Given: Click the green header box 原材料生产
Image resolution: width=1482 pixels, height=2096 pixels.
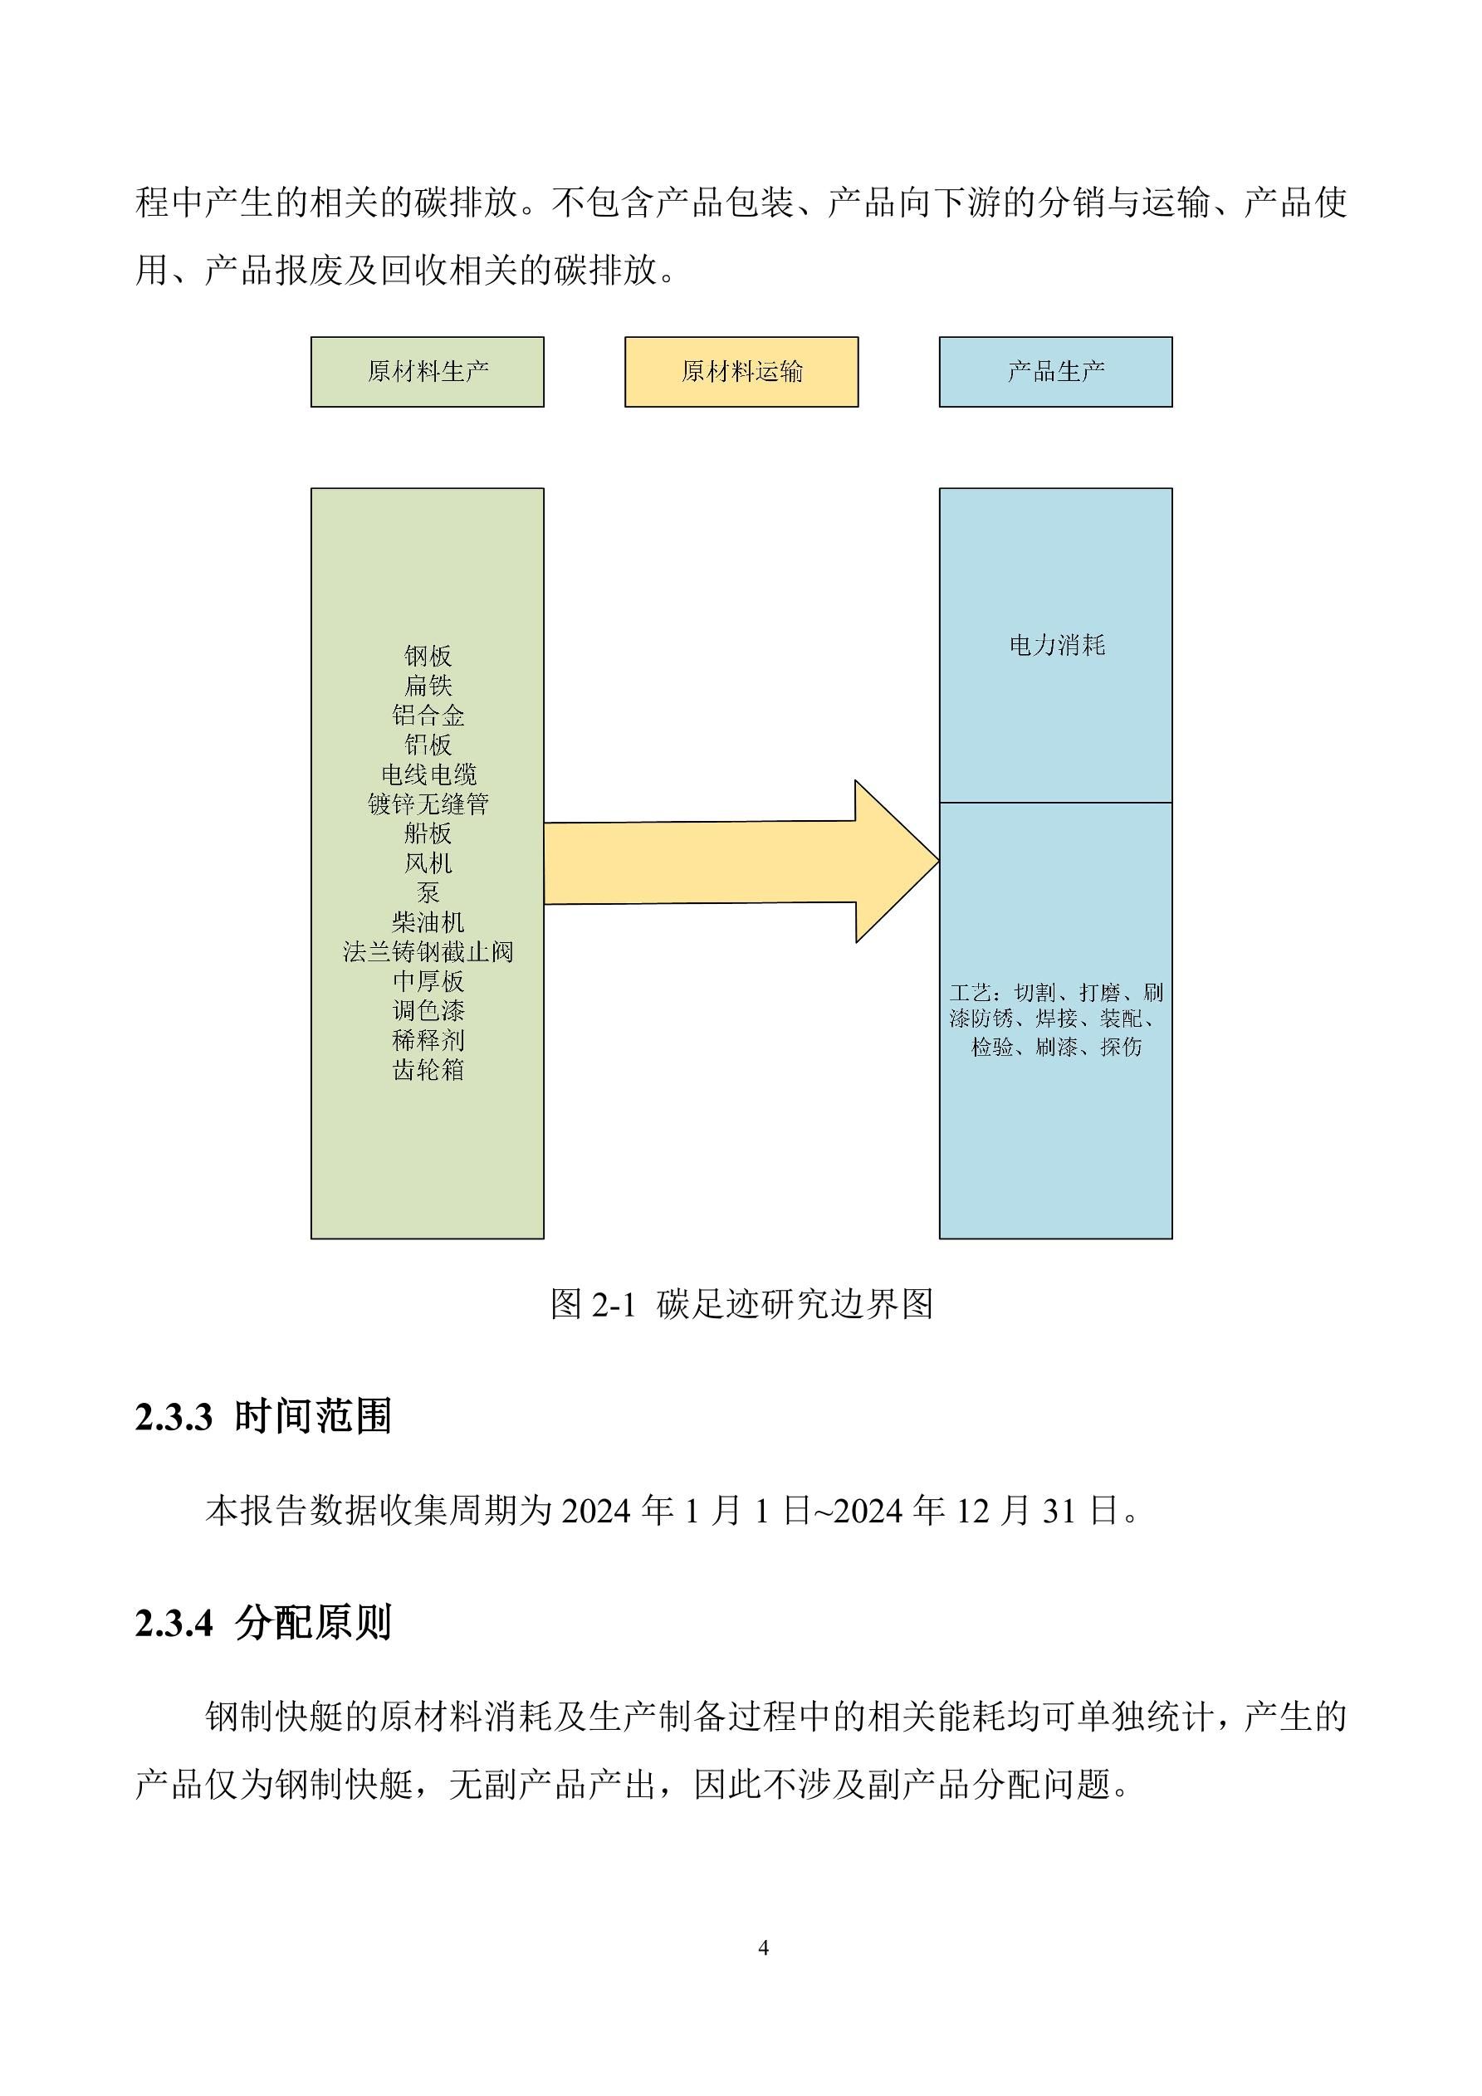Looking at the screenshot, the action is (x=428, y=372).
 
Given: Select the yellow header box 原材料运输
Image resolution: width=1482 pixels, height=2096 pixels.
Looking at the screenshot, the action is (x=741, y=372).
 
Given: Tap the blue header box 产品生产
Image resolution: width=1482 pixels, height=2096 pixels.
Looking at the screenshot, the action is (x=1055, y=372).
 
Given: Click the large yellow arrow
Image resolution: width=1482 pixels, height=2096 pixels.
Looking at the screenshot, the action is (x=741, y=862).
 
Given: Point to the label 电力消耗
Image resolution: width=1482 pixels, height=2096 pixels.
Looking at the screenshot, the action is (x=1056, y=646).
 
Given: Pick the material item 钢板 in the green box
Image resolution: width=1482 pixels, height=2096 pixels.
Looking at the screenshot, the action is (x=428, y=656).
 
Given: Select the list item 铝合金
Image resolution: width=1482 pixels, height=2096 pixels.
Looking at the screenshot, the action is (x=428, y=715).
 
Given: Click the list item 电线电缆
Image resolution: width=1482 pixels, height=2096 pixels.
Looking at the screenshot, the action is (x=428, y=774).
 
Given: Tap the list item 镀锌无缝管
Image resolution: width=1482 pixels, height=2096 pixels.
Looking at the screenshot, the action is (x=428, y=804).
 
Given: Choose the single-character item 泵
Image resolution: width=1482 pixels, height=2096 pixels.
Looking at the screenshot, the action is (x=428, y=892).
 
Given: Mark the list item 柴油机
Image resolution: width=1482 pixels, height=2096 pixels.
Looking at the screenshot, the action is (x=428, y=922).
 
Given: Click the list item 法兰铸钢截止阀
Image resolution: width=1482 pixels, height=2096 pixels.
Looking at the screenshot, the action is (x=428, y=951).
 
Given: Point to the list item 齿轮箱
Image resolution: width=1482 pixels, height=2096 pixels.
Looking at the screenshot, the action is (x=428, y=1069).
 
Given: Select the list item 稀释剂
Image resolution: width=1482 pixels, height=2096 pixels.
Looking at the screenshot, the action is (x=428, y=1040).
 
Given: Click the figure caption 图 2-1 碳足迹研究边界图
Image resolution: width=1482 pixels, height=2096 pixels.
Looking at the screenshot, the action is (x=741, y=1303).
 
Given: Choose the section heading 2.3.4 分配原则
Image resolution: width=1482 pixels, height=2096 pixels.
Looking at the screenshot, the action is (x=263, y=1622).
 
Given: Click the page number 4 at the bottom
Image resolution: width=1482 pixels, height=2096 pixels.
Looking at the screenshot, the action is (x=763, y=1948).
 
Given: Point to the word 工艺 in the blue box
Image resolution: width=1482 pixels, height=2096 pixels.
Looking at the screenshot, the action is (x=970, y=992).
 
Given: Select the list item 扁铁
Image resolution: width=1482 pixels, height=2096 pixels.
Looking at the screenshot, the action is (x=428, y=686).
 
